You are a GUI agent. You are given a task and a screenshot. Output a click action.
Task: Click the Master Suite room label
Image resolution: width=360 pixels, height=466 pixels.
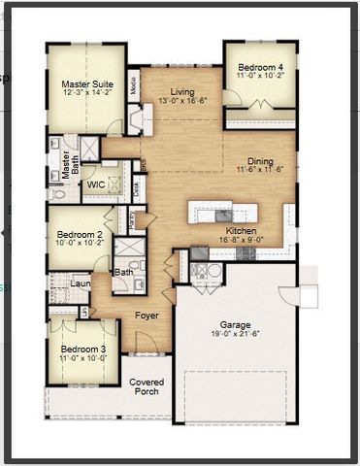coord(82,83)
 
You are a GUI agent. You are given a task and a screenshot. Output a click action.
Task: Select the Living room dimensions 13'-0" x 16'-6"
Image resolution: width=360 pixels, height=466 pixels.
coord(182,100)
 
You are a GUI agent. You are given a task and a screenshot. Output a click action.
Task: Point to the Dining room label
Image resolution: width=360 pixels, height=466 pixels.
coord(260,161)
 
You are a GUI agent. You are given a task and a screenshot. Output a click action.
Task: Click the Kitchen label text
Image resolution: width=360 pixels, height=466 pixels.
coord(241,230)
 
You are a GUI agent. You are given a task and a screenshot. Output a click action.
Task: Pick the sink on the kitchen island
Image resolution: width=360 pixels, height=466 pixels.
coord(222,215)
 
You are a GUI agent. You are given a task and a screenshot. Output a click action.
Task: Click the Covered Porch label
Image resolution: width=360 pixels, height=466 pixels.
coord(147,387)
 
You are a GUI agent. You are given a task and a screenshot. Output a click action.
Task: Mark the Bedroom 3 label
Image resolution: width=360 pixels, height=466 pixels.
coord(82,349)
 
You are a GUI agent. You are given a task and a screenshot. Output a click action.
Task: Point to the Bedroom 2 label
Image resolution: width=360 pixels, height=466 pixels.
coord(79,235)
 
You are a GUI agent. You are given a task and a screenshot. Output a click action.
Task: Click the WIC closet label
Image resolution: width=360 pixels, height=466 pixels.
coord(96,183)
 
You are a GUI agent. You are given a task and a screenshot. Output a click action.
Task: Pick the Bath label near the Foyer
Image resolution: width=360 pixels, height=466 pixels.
coord(124,272)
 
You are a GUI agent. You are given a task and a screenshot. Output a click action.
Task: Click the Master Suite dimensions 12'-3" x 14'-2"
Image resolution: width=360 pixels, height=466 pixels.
coord(82,93)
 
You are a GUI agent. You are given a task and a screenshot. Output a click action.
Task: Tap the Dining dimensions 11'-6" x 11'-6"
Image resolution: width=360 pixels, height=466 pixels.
coord(260,171)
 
